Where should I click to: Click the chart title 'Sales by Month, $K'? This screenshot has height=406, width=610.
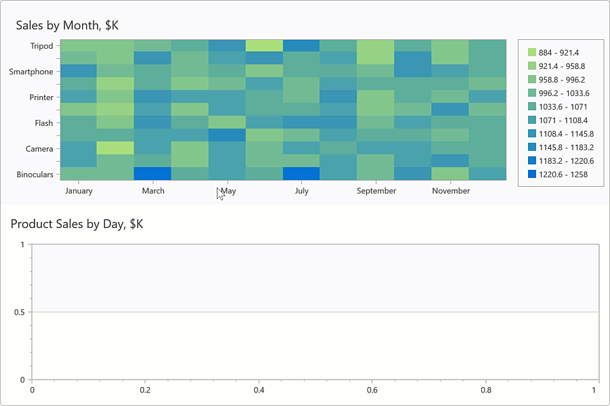pos(68,26)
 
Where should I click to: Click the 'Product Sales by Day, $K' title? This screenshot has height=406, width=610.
pos(77,224)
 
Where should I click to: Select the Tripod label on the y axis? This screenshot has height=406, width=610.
pos(41,46)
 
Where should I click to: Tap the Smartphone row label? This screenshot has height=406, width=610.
pos(31,72)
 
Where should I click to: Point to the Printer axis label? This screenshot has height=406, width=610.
pos(41,97)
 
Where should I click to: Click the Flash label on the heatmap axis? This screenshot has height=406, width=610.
pos(43,123)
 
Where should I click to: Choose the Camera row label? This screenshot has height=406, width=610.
pos(39,149)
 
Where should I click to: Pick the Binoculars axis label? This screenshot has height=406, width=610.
pos(35,175)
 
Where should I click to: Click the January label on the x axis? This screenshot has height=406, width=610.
pos(79,191)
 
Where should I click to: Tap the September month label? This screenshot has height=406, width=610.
pos(376,191)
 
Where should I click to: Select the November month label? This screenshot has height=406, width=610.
pos(451,191)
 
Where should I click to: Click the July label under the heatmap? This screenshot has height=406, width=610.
pos(302,191)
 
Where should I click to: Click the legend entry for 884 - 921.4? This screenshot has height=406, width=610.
pos(558,53)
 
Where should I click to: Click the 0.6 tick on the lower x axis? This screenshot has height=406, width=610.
pos(371,390)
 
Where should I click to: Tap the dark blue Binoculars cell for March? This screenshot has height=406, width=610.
pos(152,174)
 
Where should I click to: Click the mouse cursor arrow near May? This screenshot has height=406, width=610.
pos(220,194)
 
